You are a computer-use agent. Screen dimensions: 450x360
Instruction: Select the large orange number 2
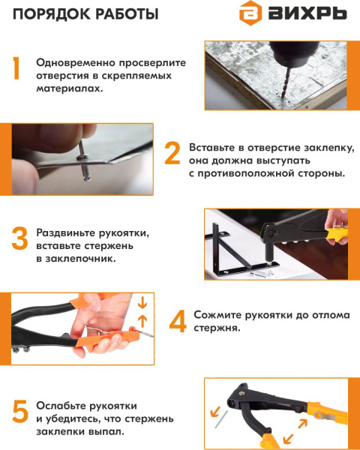(x=172, y=153)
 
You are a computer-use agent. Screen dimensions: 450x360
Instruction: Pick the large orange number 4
(x=177, y=322)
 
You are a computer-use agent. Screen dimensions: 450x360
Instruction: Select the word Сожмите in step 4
(x=217, y=316)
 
